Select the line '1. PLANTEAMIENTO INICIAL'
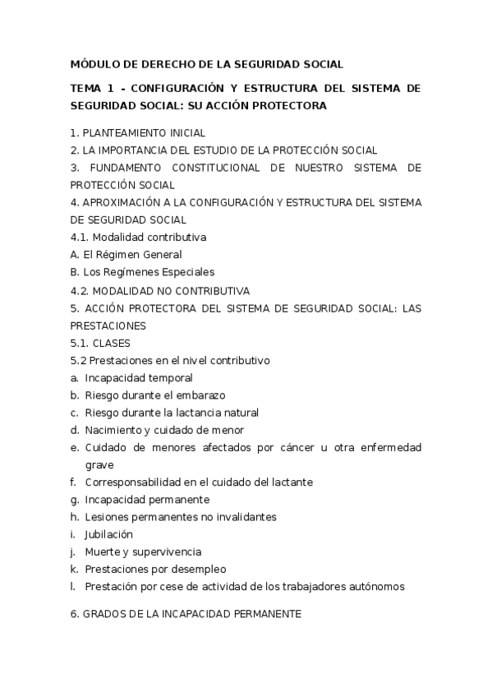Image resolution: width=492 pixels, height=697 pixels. (137, 132)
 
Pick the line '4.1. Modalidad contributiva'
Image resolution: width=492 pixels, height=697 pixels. (138, 238)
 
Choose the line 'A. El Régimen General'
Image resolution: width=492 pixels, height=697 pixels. (126, 255)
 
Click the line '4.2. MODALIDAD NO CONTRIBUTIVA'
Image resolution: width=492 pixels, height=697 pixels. (159, 290)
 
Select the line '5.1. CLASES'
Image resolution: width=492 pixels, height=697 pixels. (100, 343)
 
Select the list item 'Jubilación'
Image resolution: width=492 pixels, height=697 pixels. (108, 534)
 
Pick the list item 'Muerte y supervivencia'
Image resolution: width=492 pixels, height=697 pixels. (142, 552)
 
